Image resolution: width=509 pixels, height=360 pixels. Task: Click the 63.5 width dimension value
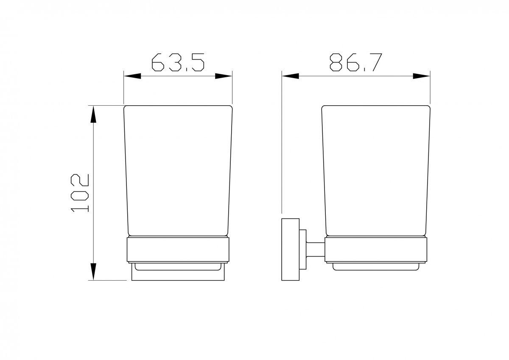point(178,62)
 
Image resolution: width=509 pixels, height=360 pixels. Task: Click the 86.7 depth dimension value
point(356,62)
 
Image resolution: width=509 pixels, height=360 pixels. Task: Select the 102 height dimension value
point(80,193)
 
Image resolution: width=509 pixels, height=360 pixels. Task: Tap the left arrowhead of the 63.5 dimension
point(132,76)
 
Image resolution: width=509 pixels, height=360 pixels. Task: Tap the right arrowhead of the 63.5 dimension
point(224,76)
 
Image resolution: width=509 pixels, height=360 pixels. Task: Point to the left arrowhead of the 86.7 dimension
point(291,76)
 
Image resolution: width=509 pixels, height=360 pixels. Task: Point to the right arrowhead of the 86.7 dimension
point(422,76)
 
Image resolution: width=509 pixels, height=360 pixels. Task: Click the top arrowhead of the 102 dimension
point(93,114)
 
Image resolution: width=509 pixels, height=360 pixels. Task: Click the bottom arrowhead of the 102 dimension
point(93,272)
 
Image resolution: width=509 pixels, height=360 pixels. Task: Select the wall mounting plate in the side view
point(291,250)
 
